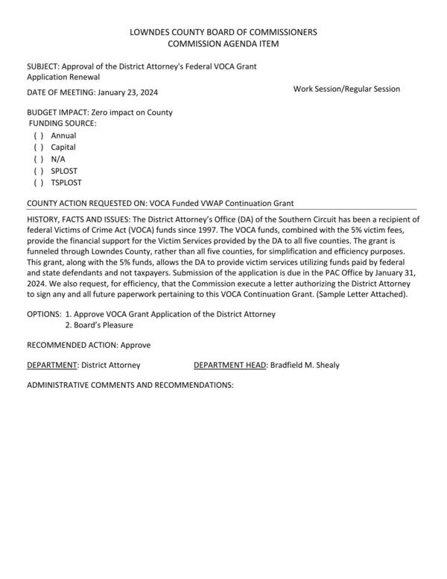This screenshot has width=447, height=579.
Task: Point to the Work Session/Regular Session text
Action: tap(346, 89)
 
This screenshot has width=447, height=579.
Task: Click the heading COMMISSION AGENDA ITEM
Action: tap(223, 45)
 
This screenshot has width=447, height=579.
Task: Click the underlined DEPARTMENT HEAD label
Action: tap(229, 365)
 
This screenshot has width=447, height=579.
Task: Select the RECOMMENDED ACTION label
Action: tap(72, 345)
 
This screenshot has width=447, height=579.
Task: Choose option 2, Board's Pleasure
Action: tap(100, 325)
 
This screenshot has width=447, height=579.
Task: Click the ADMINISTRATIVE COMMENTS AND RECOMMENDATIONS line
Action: tap(130, 385)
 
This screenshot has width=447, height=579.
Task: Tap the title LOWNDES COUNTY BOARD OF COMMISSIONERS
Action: tap(223, 33)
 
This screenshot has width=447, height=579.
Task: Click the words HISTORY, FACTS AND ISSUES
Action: tap(77, 219)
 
